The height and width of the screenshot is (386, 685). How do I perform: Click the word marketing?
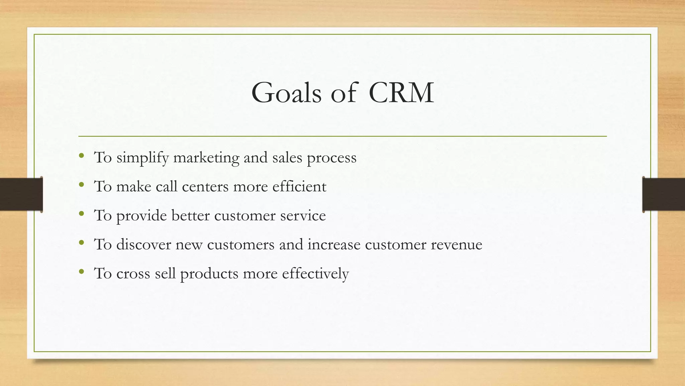206,157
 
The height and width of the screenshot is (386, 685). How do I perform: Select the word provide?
141,215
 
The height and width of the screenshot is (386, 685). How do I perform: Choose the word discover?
143,244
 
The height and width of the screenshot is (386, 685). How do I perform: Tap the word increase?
334,244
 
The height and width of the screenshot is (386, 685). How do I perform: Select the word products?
209,274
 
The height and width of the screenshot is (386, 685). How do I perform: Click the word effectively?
315,273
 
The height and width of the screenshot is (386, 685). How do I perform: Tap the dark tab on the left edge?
21,194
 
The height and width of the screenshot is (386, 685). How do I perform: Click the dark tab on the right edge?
664,194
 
